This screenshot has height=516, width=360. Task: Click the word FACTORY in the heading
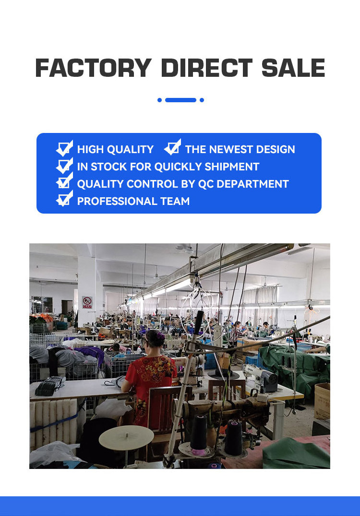(x=93, y=68)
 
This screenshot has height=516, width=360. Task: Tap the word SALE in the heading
(x=293, y=68)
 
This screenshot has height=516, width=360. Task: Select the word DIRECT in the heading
(x=207, y=68)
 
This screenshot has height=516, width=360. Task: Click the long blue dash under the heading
(x=180, y=100)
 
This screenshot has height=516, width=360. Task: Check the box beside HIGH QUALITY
(x=64, y=148)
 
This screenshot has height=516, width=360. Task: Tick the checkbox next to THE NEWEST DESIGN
(x=172, y=147)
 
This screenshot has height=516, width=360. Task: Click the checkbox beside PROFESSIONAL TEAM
(x=64, y=199)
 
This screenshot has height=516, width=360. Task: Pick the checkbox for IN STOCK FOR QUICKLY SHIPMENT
(x=64, y=166)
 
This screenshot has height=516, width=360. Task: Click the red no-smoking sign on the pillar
(x=87, y=302)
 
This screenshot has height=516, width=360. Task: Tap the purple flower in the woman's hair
(x=160, y=336)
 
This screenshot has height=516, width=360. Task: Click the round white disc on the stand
(x=126, y=438)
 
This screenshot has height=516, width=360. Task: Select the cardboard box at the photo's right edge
(x=322, y=401)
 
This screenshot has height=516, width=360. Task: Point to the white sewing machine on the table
(x=260, y=377)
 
